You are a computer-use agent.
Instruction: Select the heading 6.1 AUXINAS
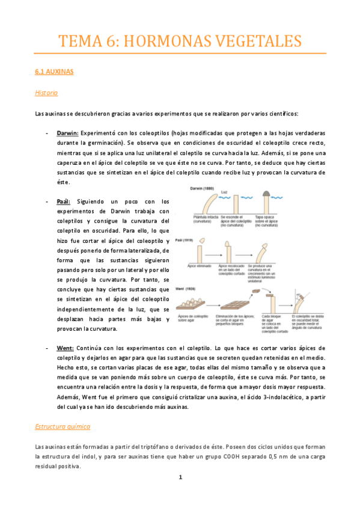point(54,72)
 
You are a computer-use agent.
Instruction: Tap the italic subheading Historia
point(47,93)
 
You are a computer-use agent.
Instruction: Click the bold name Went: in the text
point(66,348)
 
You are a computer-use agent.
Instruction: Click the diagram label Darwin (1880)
point(203,188)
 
